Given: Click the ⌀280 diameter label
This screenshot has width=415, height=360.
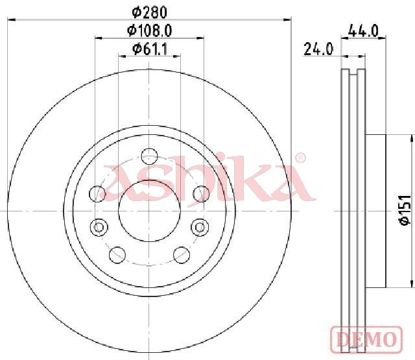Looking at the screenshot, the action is pyautogui.click(x=150, y=12).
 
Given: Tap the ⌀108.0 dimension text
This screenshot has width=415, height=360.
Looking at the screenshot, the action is pyautogui.click(x=150, y=30).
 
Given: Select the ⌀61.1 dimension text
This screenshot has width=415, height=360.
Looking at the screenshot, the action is pyautogui.click(x=150, y=49).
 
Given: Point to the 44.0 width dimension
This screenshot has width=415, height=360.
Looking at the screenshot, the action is pyautogui.click(x=363, y=30).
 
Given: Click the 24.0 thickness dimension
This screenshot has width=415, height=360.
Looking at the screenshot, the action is pyautogui.click(x=318, y=49).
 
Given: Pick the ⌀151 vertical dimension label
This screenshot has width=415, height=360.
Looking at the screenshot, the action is pyautogui.click(x=405, y=210).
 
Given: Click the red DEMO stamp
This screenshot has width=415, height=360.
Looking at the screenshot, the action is pyautogui.click(x=366, y=340).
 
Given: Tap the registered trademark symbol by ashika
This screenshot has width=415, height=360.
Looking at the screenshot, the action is pyautogui.click(x=300, y=158).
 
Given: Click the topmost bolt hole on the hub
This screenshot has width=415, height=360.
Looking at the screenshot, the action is pyautogui.click(x=149, y=156).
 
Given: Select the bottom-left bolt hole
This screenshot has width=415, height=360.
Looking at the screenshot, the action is pyautogui.click(x=117, y=255).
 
